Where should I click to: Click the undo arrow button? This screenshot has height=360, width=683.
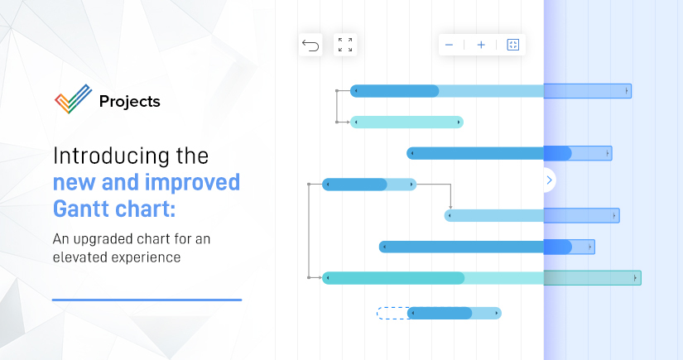tap(310, 45)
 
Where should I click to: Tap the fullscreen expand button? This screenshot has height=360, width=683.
tap(345, 45)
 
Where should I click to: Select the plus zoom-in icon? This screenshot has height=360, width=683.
tap(481, 45)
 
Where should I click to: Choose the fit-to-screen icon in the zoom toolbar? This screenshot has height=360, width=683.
tap(512, 45)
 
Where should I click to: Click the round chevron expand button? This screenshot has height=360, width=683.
tap(549, 180)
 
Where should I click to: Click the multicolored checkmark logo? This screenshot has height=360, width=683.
tap(73, 101)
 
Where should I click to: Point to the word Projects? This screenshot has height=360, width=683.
tap(129, 102)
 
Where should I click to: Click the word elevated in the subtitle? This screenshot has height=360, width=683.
tap(86, 257)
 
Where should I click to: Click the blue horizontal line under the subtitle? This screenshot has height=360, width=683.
tap(147, 300)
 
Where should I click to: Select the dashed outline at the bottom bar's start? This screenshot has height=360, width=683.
tap(391, 313)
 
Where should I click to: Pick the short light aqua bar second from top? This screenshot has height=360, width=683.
tap(406, 122)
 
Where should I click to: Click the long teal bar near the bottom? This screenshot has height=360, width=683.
tap(430, 278)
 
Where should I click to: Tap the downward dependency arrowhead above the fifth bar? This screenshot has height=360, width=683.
tap(450, 207)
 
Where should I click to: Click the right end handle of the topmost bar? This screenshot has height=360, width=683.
tap(627, 90)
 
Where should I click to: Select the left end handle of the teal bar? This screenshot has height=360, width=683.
tap(327, 278)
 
